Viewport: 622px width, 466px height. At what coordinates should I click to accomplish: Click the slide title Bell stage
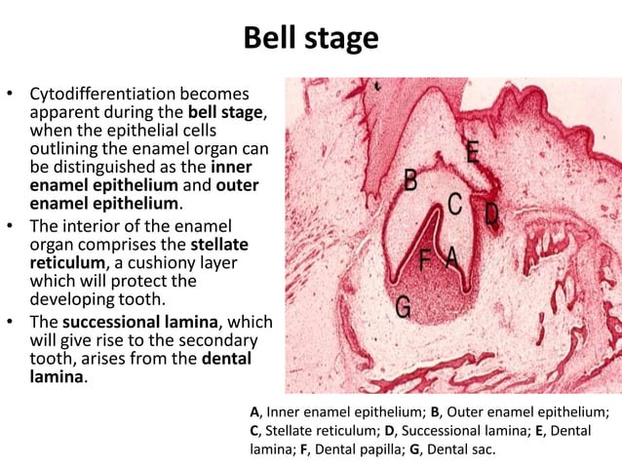click(310, 38)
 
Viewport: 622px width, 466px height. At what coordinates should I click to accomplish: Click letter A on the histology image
click(451, 257)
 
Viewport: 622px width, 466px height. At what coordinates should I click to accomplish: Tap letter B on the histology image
click(410, 180)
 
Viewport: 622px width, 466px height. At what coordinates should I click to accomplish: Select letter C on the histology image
click(454, 203)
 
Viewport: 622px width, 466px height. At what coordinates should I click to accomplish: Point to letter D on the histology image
click(491, 212)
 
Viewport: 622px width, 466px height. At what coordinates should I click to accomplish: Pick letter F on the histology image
click(426, 259)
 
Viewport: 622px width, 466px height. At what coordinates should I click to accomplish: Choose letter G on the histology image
click(403, 306)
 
